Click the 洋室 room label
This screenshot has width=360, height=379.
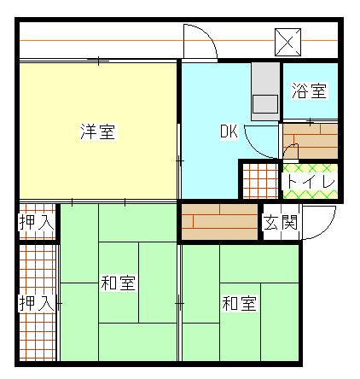98,131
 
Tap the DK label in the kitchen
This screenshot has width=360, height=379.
229,131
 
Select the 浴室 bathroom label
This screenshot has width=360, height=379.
310,90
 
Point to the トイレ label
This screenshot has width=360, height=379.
311,181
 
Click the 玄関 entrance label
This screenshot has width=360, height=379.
281,222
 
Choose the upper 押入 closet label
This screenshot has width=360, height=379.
37,222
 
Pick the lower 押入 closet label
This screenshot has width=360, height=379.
37,303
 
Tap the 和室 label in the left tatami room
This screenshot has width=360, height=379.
118,283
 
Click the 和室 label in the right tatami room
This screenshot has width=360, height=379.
240,303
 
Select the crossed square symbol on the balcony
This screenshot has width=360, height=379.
287,42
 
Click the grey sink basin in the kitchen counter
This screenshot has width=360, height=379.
265,104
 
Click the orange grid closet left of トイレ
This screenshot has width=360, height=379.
260,181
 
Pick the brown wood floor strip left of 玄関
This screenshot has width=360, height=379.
219,222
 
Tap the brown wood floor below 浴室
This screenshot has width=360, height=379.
311,141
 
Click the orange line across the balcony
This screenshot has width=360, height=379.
178,41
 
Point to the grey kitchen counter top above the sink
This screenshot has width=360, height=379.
265,79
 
